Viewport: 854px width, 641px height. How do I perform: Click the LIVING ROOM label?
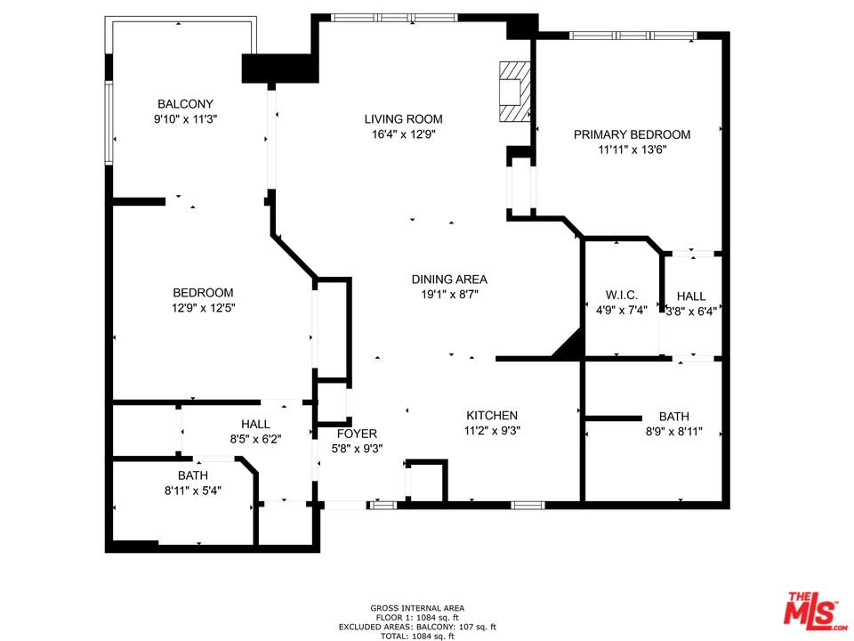(403, 119)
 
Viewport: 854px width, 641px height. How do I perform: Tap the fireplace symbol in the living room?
(513, 91)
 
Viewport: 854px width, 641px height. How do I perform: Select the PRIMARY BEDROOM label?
(632, 134)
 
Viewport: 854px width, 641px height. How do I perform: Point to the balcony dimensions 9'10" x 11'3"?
(186, 118)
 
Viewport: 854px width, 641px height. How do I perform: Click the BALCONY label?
(186, 103)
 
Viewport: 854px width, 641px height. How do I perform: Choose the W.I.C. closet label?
(622, 296)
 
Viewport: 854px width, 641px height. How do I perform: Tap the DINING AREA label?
(449, 279)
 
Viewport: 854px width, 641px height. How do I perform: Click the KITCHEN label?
(492, 415)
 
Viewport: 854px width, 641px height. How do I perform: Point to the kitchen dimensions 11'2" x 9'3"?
(492, 430)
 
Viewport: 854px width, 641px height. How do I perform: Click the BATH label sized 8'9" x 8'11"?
(673, 416)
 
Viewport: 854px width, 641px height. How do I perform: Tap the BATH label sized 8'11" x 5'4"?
(192, 475)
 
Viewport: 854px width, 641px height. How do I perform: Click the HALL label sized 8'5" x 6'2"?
(255, 425)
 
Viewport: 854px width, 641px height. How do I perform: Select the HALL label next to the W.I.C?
(691, 296)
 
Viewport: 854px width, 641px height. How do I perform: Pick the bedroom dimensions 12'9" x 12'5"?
(203, 308)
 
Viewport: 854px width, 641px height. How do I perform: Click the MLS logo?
(811, 608)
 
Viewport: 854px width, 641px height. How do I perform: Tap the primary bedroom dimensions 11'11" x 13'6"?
(632, 150)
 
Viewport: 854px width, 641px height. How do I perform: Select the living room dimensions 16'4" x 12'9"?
(403, 134)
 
